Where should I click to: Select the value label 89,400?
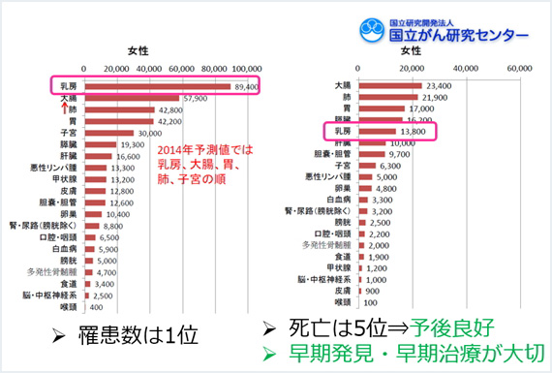click(x=245, y=87)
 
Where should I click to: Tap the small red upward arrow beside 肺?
click(x=63, y=109)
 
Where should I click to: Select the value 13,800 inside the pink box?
click(x=414, y=131)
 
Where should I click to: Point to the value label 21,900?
click(x=436, y=98)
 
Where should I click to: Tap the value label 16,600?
click(x=128, y=156)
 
